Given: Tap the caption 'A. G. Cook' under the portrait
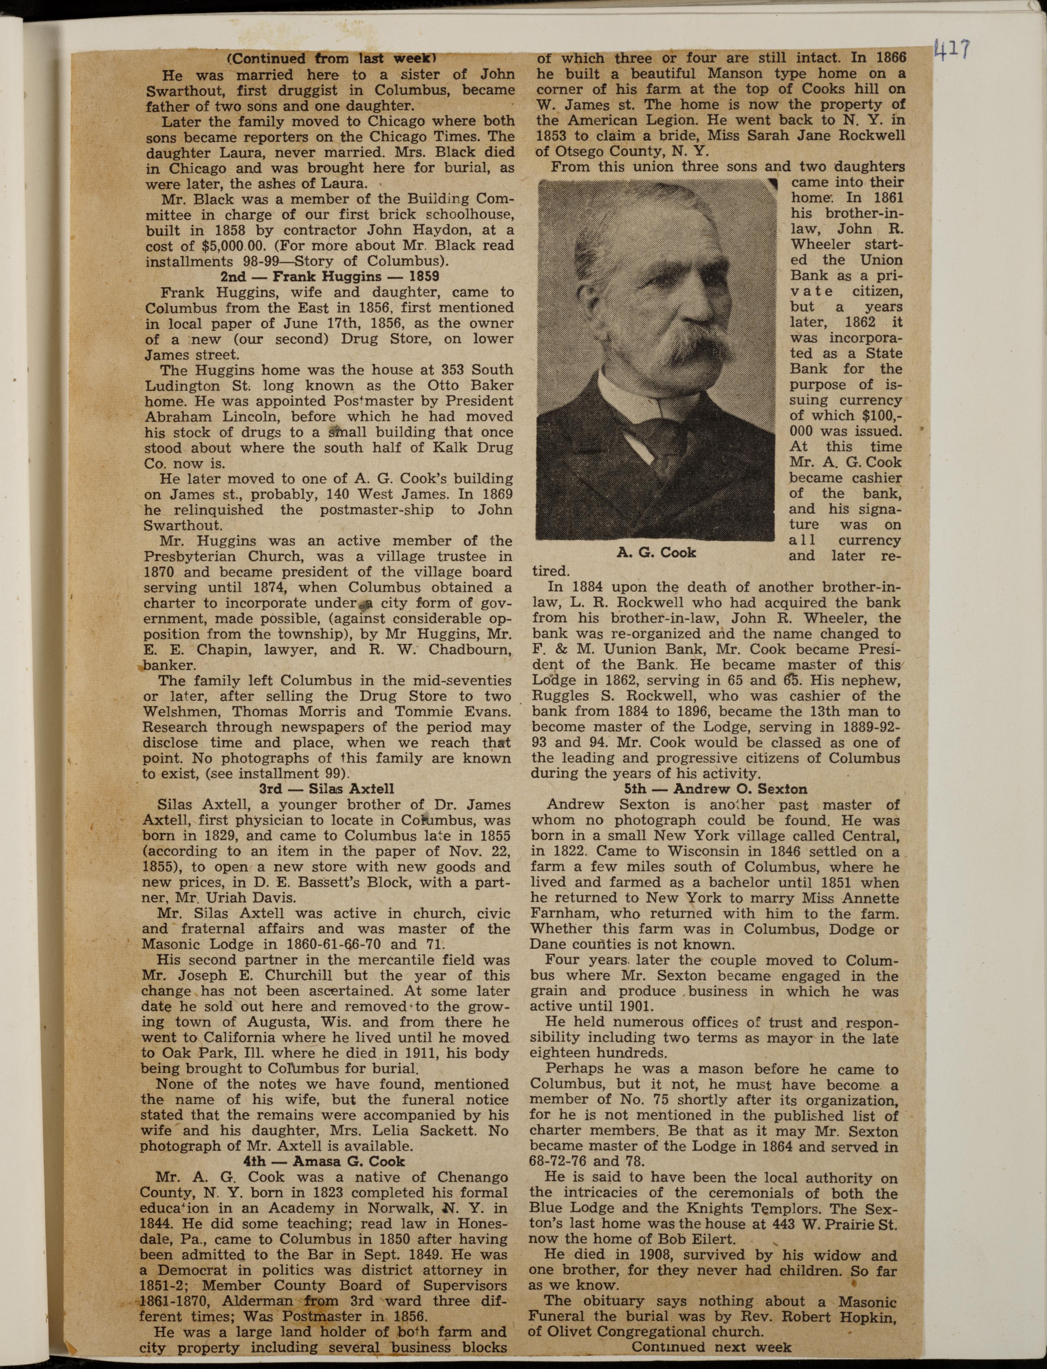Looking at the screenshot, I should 656,552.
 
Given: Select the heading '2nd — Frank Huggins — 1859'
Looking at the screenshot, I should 330,277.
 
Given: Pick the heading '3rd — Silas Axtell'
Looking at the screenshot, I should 326,789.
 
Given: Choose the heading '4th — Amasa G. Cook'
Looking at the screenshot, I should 324,1162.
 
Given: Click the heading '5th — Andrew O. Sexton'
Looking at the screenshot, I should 715,789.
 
